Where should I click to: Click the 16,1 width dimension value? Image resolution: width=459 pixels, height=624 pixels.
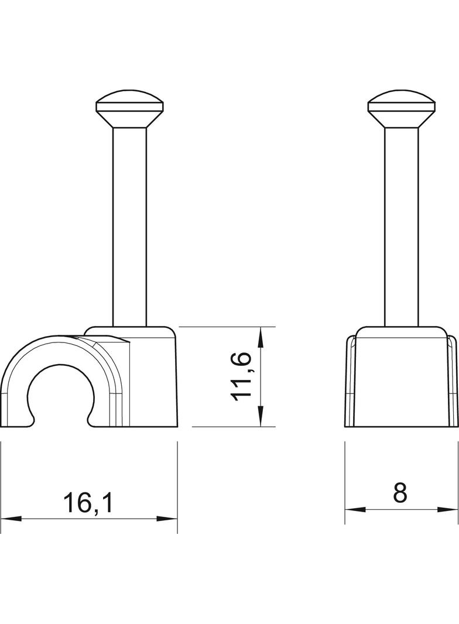pyautogui.click(x=88, y=503)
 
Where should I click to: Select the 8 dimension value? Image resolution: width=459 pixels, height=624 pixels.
pyautogui.click(x=400, y=493)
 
